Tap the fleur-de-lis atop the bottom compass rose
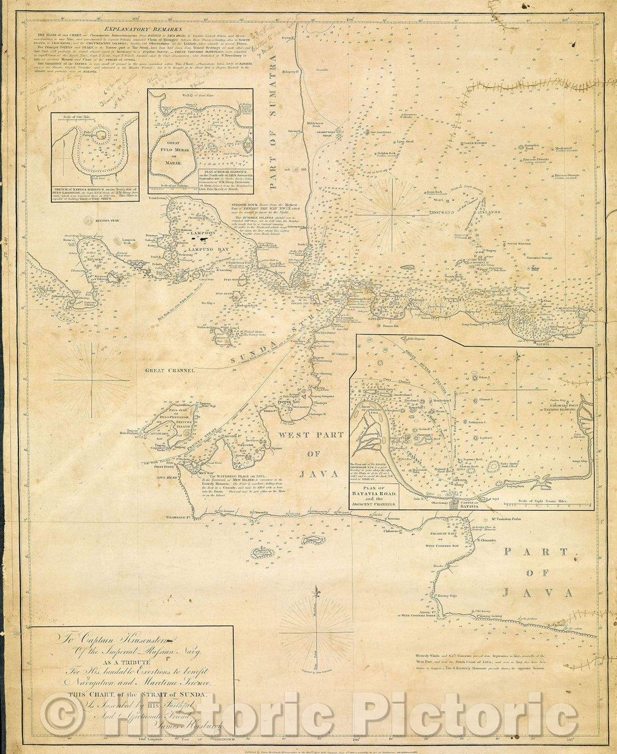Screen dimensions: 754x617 [315, 593]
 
